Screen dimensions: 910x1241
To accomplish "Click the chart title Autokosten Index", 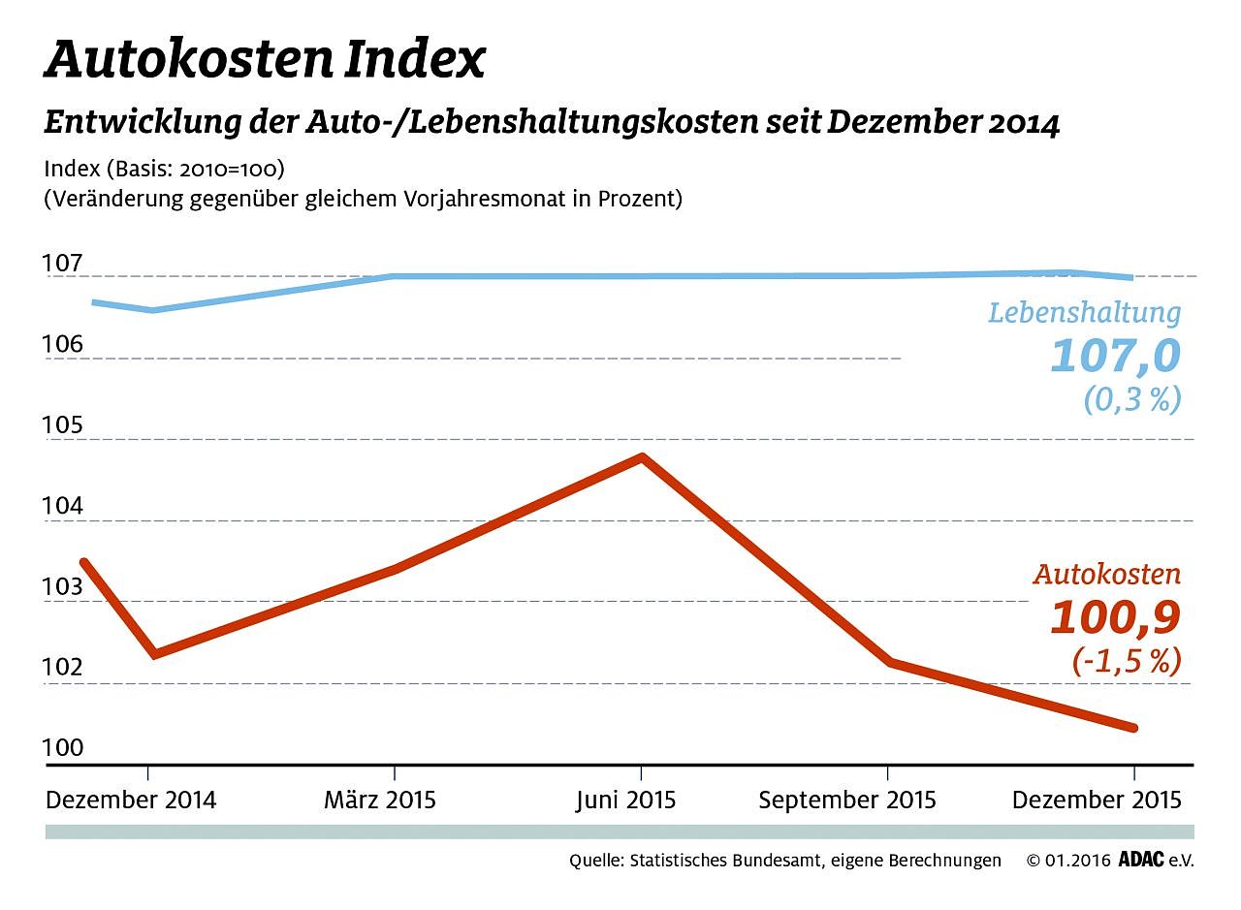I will (264, 60).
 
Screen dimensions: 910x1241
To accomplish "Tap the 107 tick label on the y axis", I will (63, 264).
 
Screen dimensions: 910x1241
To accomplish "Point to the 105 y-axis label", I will (63, 426).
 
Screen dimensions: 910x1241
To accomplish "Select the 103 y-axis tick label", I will (63, 588).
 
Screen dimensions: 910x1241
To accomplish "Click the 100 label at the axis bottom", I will (63, 748).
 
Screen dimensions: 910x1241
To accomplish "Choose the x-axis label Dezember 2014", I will (131, 800).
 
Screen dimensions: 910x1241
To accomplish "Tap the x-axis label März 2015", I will (380, 800).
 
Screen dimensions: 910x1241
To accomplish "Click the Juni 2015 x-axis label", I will (625, 800).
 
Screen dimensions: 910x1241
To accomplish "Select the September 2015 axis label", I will (847, 800).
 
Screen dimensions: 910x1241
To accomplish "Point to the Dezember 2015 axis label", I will (1097, 800).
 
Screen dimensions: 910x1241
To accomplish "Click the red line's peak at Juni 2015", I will (641, 456).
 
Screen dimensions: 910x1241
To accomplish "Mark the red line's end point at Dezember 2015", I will (1132, 728).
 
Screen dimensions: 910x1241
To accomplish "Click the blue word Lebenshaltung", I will (1085, 313).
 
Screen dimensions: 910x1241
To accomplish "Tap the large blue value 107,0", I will (1116, 356).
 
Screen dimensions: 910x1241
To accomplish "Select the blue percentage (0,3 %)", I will (1132, 398).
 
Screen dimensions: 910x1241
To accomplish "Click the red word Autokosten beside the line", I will (1107, 575).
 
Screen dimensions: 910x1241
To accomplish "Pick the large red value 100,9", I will (1116, 617).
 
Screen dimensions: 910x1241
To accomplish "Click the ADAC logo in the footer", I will (1140, 860).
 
